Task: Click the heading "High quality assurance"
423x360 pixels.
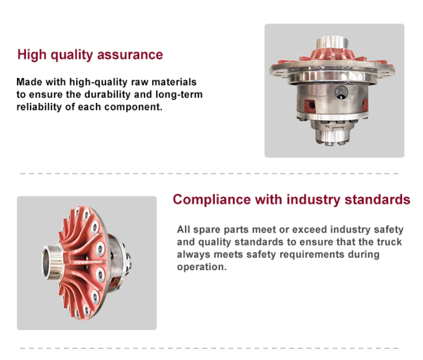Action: pos(90,55)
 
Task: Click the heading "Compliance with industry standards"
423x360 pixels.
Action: pos(292,200)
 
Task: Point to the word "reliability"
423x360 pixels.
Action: pos(39,107)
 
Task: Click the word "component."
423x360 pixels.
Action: pos(133,107)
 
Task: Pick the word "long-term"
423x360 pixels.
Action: pos(179,94)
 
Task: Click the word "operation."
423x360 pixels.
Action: pos(202,267)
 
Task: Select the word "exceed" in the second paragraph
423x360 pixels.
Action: pos(310,229)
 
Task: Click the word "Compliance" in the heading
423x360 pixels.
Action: pos(211,200)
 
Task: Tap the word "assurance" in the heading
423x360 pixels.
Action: pos(130,55)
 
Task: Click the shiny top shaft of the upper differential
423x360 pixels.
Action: pos(333,42)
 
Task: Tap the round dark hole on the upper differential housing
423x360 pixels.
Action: pos(341,92)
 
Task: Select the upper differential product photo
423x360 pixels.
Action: pos(334,90)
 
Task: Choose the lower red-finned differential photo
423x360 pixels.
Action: pos(87,263)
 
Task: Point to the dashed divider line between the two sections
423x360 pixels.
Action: pos(210,174)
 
